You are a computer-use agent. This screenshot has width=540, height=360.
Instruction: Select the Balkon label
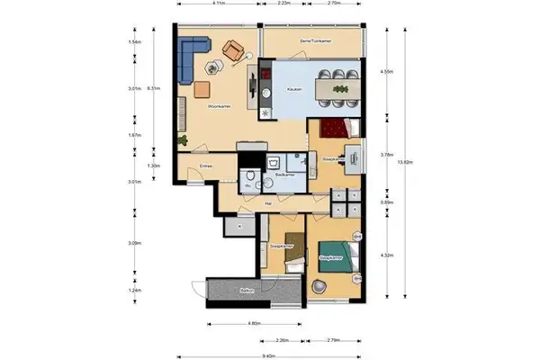point(246,292)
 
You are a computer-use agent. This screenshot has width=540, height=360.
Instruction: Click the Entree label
point(205,165)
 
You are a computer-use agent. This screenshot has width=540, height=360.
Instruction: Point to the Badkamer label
point(286,174)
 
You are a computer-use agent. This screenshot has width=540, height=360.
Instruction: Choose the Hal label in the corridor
point(268,203)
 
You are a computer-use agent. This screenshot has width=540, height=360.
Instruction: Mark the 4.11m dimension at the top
point(218,4)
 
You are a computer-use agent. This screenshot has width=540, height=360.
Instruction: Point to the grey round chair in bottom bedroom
point(319,285)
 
